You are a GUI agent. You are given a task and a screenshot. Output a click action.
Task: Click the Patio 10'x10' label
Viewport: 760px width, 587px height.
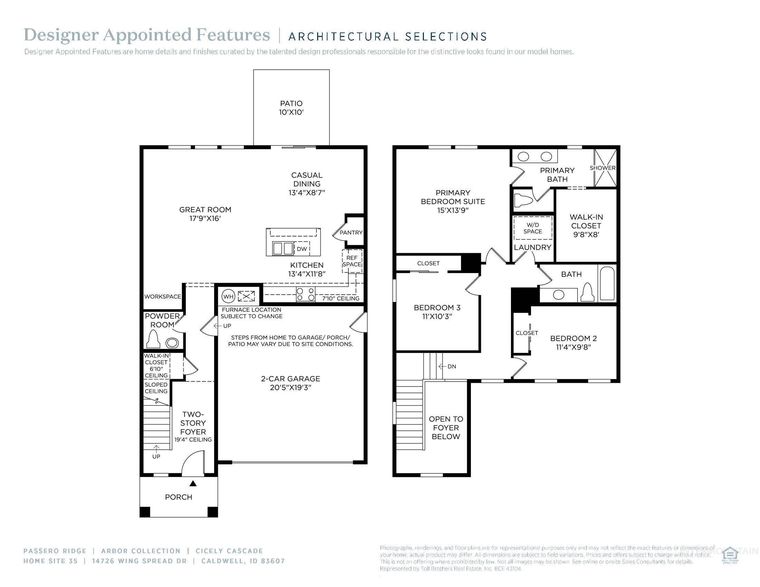[x=291, y=108]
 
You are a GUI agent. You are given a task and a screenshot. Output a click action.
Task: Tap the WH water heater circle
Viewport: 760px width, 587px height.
[x=228, y=297]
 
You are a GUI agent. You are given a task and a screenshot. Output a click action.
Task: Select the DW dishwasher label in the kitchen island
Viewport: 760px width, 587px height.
[x=302, y=249]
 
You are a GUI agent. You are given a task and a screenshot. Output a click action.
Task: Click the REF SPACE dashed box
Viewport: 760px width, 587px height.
[x=352, y=261]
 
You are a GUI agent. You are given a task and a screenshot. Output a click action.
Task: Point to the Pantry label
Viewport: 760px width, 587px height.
[x=351, y=233]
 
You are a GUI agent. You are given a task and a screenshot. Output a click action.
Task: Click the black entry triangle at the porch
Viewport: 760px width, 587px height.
[x=193, y=483]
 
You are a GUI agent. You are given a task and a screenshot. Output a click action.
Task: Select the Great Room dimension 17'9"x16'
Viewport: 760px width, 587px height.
[x=205, y=219]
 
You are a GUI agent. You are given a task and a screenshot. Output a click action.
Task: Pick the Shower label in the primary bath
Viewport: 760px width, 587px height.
[x=602, y=168]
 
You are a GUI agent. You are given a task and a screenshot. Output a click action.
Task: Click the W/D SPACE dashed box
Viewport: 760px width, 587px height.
[x=532, y=228]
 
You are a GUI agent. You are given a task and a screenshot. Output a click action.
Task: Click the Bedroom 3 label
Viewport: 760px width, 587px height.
[x=437, y=308]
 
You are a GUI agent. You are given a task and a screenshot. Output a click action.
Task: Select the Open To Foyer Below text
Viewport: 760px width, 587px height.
[x=446, y=428]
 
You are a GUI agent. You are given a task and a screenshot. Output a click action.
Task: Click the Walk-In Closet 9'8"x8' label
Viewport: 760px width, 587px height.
[x=586, y=226]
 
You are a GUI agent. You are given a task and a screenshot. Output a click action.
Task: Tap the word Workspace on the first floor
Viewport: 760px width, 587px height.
[x=162, y=297]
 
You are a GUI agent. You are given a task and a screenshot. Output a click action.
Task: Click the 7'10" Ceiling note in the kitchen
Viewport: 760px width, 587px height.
[x=340, y=298]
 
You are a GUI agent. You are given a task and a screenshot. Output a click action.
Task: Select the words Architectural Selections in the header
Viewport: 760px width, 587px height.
[x=387, y=37]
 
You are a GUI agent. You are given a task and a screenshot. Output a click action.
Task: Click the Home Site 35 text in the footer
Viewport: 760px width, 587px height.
[x=50, y=561]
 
